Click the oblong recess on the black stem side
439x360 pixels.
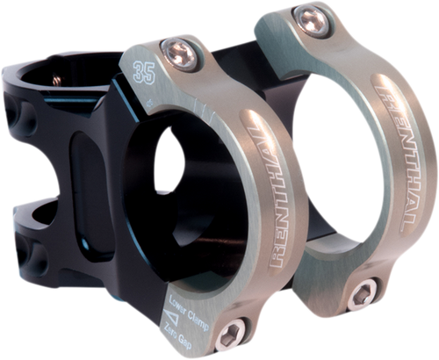(x=79, y=171)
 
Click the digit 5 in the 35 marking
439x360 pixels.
(x=143, y=69)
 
